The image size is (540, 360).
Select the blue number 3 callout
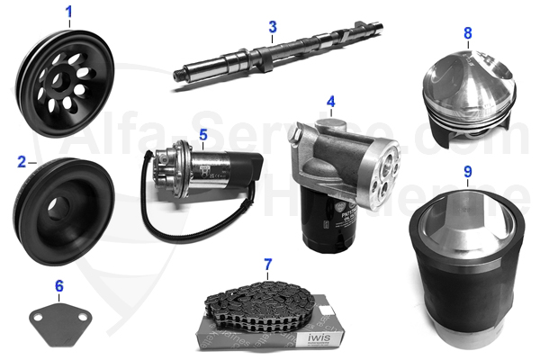(x=272, y=27)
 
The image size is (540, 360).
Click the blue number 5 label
(x=203, y=136)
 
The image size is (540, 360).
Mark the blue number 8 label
(x=467, y=33)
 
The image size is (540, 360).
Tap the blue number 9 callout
(x=467, y=170)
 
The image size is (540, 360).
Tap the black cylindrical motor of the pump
(x=235, y=168)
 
